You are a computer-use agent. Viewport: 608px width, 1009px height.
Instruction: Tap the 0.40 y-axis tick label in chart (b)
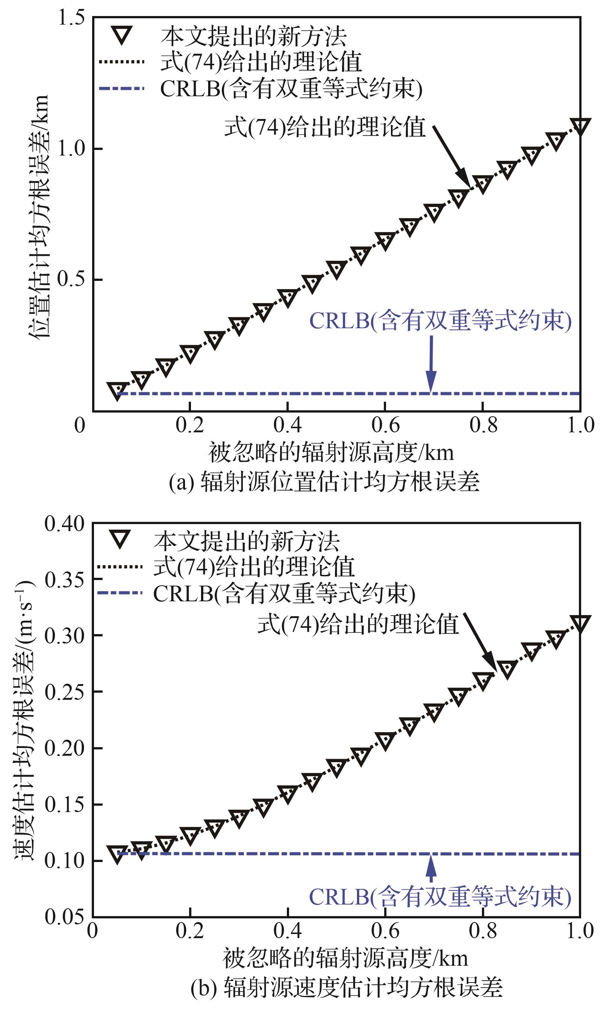(65, 524)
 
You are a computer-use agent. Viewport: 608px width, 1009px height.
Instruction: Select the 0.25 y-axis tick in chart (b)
(65, 692)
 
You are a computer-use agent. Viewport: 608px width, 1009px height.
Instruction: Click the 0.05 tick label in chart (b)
(65, 916)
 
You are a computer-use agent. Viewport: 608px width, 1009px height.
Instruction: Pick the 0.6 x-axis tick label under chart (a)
(385, 425)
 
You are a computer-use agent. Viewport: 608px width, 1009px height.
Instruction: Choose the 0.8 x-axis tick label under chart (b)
(483, 931)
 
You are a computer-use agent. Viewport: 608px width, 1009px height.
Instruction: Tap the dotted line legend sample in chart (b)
(120, 567)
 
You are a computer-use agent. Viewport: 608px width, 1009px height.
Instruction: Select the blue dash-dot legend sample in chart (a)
(122, 88)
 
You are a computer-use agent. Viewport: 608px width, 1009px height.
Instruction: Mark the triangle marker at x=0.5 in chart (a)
(336, 269)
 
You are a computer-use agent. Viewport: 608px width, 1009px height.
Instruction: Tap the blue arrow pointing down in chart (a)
(431, 364)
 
